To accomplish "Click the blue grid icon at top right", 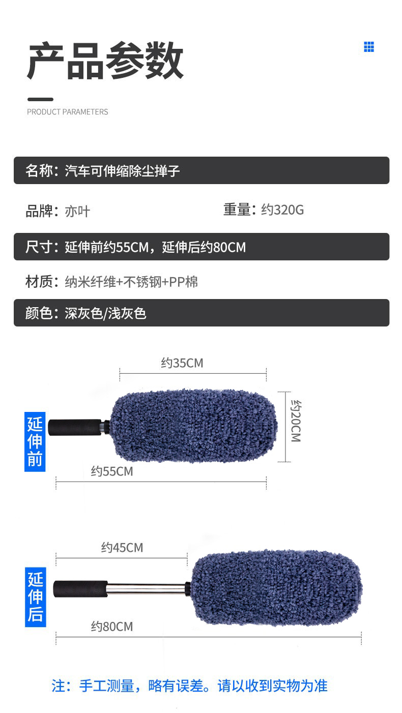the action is click(x=369, y=47).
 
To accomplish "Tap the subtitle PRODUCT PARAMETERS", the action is click(x=67, y=112).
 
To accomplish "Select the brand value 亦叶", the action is click(x=77, y=211).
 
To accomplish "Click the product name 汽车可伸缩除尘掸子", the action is click(x=122, y=171).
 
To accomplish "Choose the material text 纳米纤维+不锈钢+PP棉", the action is click(x=131, y=282).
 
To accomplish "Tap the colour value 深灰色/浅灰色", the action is click(x=105, y=313).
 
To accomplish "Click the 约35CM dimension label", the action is click(x=182, y=363).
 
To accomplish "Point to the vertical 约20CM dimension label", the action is click(x=296, y=421).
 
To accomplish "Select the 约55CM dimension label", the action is click(x=112, y=471).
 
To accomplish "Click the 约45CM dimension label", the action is click(x=122, y=548).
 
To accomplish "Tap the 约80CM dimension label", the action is click(x=112, y=627).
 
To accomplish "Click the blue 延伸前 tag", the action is click(x=35, y=441).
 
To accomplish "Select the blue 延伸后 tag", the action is click(x=35, y=597).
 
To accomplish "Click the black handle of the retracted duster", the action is click(x=75, y=427).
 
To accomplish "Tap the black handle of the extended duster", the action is click(x=80, y=589).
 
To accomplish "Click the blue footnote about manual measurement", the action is click(x=189, y=686).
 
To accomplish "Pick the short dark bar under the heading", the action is click(x=40, y=99).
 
